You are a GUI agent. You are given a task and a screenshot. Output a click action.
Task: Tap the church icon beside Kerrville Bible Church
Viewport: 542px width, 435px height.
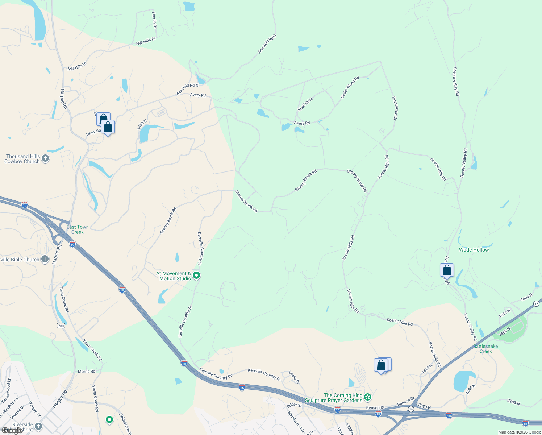coord(45,259)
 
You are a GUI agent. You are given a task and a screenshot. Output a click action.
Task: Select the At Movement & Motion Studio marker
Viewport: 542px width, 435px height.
coord(196,276)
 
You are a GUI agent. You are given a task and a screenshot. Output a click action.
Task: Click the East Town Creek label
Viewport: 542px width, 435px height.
coord(78,229)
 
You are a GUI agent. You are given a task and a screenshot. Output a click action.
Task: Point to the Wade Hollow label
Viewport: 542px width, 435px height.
coord(474,250)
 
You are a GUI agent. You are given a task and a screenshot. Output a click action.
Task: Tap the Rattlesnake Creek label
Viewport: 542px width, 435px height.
coord(485,349)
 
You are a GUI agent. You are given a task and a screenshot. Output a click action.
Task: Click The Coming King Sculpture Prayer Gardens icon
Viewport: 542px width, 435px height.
coord(368,397)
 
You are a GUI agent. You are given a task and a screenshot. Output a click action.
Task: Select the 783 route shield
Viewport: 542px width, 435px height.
coord(61,326)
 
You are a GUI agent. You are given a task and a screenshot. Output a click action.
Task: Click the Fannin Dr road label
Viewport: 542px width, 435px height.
coord(154,20)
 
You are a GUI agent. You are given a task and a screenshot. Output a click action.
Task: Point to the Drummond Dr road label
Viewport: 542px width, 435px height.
coord(395,108)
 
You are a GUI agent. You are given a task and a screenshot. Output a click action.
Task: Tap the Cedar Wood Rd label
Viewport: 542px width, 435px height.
coord(350,87)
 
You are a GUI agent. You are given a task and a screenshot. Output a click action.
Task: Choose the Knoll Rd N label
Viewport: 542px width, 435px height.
coord(305,104)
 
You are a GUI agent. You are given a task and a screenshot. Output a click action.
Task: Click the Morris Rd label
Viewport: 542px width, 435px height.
coord(87,372)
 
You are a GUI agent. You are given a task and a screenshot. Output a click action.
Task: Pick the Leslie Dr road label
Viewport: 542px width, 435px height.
coord(294,377)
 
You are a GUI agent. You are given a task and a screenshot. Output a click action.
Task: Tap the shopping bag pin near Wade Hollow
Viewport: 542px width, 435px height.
coord(447,270)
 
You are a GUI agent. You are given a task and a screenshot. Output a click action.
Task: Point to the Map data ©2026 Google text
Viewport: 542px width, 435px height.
coord(520,432)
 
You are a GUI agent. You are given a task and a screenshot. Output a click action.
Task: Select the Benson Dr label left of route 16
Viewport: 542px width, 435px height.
coord(375,408)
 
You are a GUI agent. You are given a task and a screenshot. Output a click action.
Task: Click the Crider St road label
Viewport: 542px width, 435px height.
coord(294,405)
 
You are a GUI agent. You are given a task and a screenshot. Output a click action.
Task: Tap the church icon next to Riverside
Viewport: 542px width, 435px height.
coord(38,426)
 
